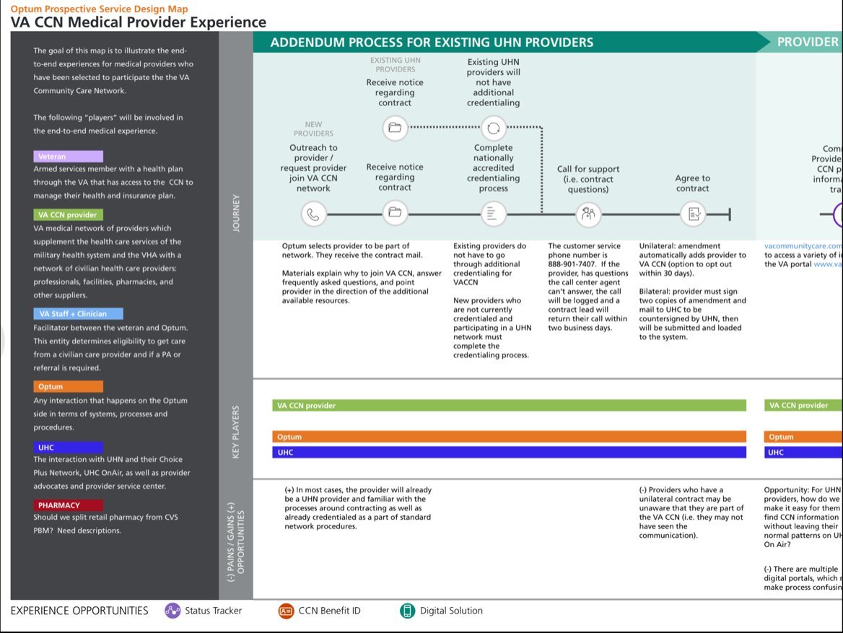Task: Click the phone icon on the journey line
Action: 313,214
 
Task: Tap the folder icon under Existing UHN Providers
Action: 394,128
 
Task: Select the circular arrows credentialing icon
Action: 494,128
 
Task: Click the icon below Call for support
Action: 588,214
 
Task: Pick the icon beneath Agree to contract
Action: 693,214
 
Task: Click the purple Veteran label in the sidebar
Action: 68,157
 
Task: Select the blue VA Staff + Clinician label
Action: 78,314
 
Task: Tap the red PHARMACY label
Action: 68,505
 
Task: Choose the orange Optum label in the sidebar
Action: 68,387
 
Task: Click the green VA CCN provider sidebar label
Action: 68,215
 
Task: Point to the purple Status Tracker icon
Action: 172,611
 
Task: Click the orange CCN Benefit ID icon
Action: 287,611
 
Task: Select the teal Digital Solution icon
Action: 408,611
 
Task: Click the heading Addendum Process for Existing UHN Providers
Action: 432,43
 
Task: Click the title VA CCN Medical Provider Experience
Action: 138,22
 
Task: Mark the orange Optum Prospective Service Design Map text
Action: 99,9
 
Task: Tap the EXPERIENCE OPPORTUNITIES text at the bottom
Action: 79,611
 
